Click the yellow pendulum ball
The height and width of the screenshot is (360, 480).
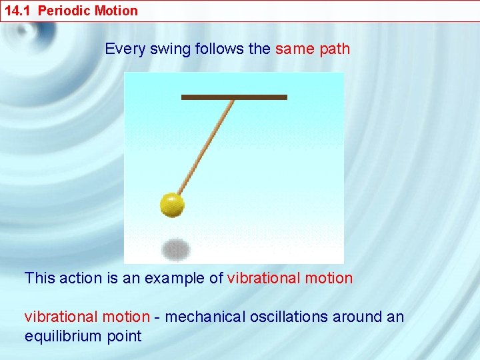[172, 205]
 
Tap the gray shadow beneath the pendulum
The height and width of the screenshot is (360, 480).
[175, 249]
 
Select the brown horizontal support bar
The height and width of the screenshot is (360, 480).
[234, 97]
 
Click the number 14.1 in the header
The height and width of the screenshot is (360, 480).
[18, 11]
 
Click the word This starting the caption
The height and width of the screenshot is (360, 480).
[39, 278]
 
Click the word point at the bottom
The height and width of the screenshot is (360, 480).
[124, 336]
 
